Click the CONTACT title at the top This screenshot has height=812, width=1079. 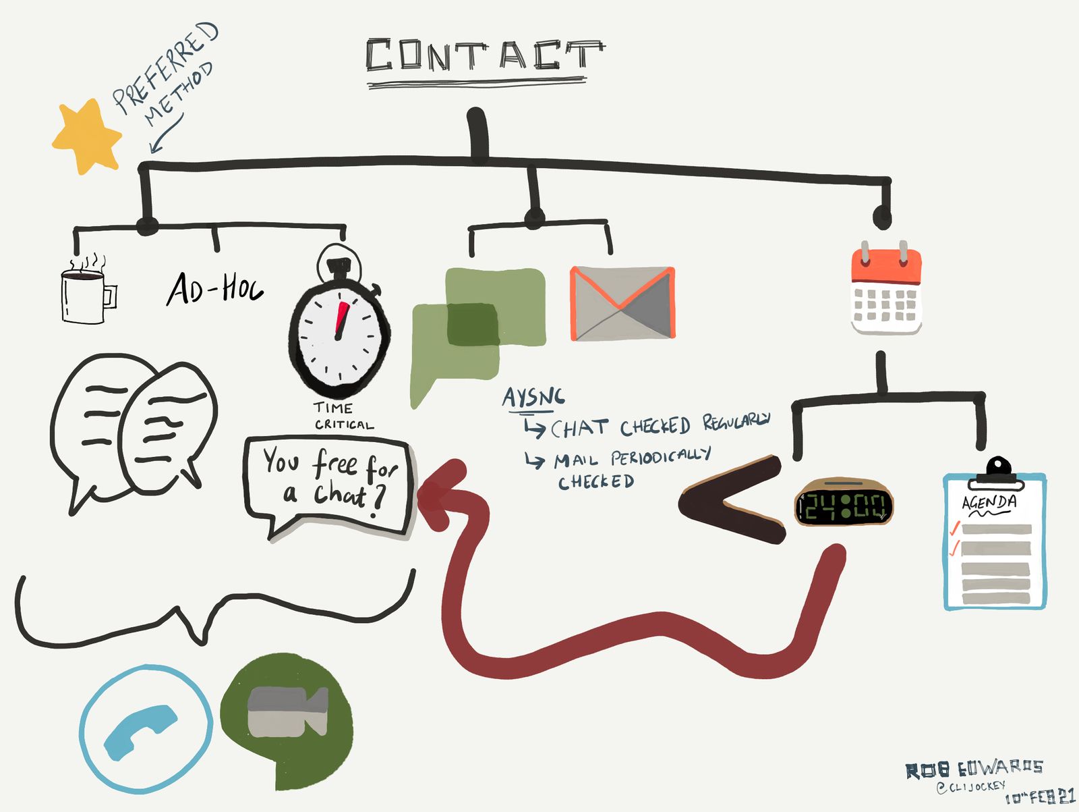click(484, 55)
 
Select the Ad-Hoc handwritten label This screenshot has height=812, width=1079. click(214, 289)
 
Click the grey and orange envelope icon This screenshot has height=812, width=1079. click(622, 303)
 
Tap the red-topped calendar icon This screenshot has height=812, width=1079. click(886, 291)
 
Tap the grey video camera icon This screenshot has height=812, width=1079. click(287, 712)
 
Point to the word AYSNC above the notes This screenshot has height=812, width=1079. click(533, 397)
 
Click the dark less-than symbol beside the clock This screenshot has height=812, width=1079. click(732, 500)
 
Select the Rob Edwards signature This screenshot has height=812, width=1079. click(974, 769)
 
